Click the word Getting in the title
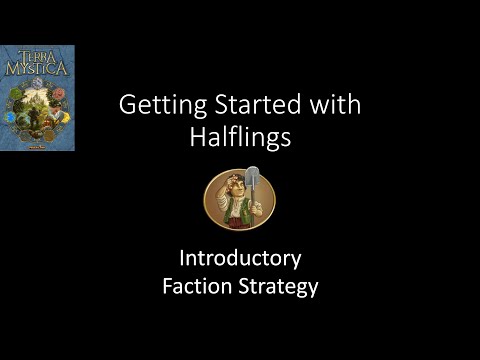pyautogui.click(x=154, y=105)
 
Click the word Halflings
pyautogui.click(x=240, y=138)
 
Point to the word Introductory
pyautogui.click(x=239, y=259)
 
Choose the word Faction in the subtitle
pyautogui.click(x=196, y=287)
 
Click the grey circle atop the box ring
pyautogui.click(x=37, y=84)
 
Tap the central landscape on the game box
pyautogui.click(x=37, y=110)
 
